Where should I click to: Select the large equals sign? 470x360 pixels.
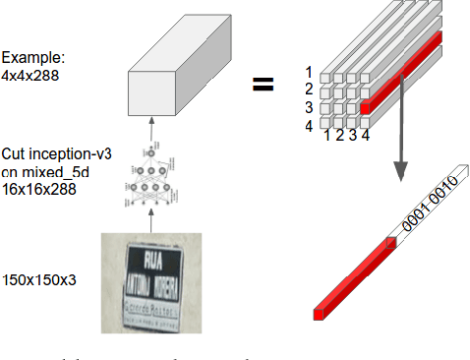pos(263,85)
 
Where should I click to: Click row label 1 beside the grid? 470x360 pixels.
pos(310,72)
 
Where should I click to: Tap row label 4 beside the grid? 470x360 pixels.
pos(310,125)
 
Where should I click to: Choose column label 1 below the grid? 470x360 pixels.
pos(327,134)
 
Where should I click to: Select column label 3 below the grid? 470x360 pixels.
pos(352,134)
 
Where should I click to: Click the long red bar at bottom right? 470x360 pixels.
pos(354,279)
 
